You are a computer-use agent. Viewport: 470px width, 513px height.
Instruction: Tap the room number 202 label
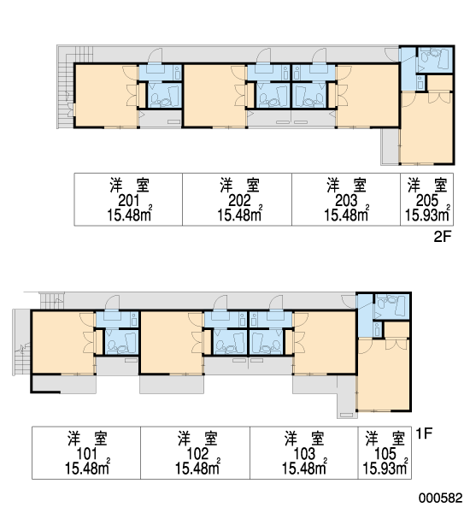coord(239,201)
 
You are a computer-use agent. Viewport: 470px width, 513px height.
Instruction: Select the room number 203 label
coord(346,201)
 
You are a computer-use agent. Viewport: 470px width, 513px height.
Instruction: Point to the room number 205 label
coord(427,201)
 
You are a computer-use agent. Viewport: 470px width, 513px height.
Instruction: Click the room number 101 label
coord(86,454)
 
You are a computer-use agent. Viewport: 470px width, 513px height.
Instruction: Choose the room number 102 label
coord(197,454)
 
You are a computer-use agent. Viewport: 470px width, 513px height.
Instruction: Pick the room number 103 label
coord(304,454)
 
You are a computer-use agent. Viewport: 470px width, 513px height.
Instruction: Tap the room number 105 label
coord(385,454)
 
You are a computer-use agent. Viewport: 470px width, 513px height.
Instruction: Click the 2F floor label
coord(442,237)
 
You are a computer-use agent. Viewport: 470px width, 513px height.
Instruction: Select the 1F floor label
coord(424,433)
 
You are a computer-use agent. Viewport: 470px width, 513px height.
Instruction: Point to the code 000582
coord(441,498)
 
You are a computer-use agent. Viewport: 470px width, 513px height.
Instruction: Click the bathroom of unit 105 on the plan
coord(392,307)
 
